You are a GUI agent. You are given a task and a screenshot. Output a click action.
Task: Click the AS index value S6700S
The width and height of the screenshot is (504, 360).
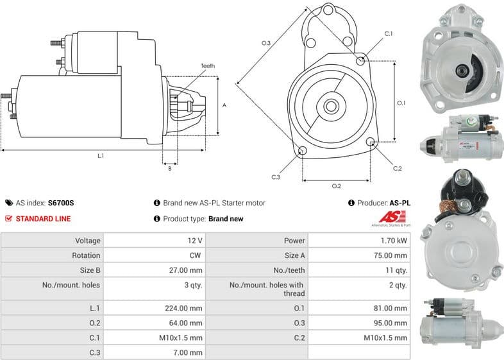[61, 203]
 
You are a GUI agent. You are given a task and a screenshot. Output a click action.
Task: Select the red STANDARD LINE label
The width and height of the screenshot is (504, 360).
[43, 219]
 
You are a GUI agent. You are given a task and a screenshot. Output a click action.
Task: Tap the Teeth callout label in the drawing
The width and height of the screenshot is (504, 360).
[208, 66]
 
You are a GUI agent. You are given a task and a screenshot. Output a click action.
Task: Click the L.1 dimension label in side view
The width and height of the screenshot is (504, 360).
[101, 155]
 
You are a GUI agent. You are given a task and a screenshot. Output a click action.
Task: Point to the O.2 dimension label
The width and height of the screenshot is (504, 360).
[336, 186]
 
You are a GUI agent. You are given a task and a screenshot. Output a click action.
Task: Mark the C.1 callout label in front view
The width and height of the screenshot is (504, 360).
[388, 33]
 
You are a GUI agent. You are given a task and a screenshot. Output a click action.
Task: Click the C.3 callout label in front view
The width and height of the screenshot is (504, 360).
[276, 176]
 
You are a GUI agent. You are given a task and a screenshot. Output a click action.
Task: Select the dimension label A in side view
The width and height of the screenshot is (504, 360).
[224, 105]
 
